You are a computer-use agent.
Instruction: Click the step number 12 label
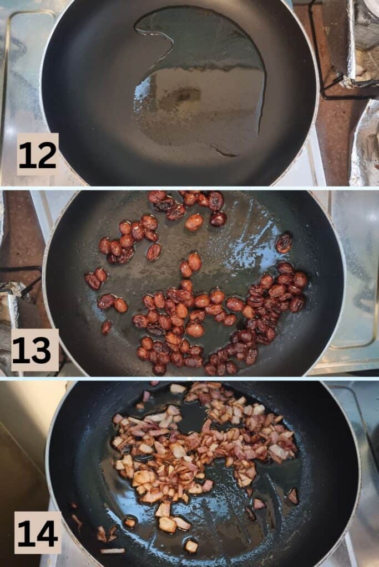pyautogui.click(x=38, y=154)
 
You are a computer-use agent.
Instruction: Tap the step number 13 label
pyautogui.click(x=35, y=350)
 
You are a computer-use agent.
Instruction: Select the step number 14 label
pyautogui.click(x=38, y=533)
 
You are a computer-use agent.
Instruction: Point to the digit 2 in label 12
pyautogui.click(x=47, y=155)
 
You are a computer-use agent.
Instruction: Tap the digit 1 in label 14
pyautogui.click(x=25, y=534)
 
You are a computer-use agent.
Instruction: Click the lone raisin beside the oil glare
pyautogui.click(x=285, y=243)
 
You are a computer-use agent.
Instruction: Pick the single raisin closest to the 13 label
pyautogui.click(x=107, y=327)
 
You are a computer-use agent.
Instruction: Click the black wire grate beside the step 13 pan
pyautogui.click(x=21, y=275)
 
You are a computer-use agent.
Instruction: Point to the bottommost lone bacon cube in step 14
pyautogui.click(x=191, y=546)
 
